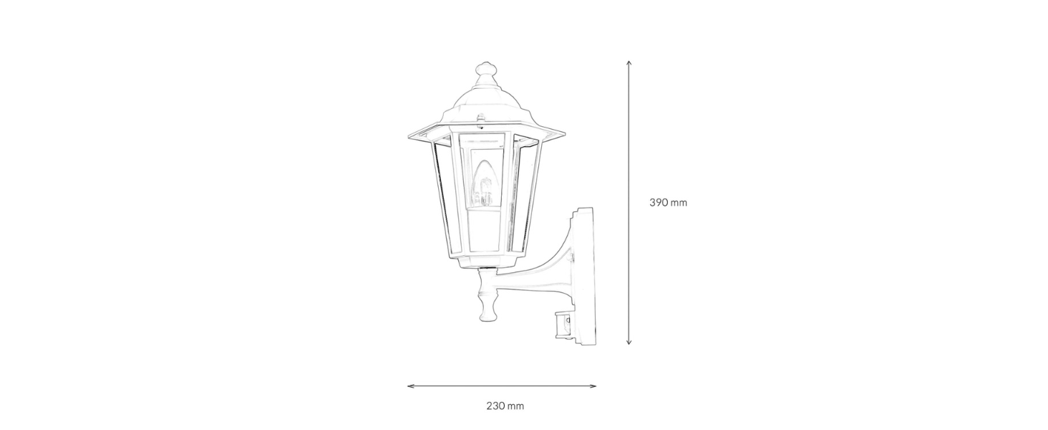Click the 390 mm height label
(668, 203)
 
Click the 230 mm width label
(505, 406)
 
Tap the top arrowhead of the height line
(629, 62)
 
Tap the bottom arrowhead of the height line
(629, 343)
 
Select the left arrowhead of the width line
(410, 386)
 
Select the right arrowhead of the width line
(593, 386)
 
